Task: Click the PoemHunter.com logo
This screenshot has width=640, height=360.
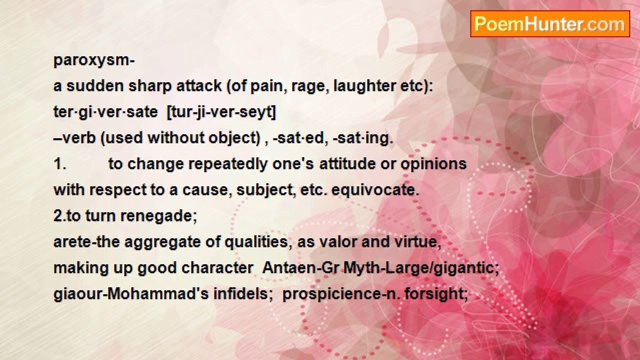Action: [x=550, y=24]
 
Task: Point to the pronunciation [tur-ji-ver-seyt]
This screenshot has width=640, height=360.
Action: [x=221, y=112]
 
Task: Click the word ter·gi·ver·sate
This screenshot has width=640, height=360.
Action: [x=105, y=112]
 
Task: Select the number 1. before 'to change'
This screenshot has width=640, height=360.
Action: [x=60, y=164]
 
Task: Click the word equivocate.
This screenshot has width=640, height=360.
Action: [x=375, y=190]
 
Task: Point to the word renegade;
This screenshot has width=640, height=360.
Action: [x=158, y=216]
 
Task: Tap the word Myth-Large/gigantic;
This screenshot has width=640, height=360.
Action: [x=421, y=268]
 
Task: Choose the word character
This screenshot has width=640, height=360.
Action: [x=217, y=268]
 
